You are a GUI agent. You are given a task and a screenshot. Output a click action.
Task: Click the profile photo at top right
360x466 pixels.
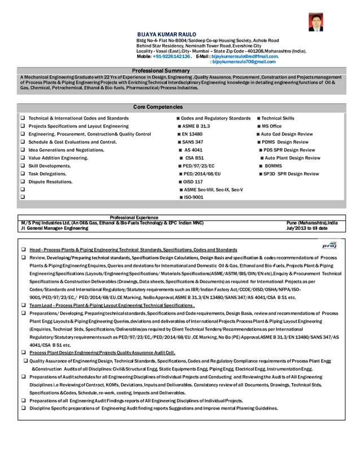coord(315,22)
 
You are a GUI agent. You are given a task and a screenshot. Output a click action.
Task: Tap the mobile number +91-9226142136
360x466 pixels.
coord(171,56)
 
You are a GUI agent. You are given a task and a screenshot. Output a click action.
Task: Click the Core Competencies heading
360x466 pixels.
coord(158,107)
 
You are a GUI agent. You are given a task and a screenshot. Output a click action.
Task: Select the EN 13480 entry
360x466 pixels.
coord(192,134)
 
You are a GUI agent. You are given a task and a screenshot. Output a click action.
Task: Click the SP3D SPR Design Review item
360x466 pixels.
coord(291,174)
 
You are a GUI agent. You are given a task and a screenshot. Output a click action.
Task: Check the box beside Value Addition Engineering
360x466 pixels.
coord(22,159)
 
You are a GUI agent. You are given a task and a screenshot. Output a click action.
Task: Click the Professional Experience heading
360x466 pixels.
coord(134,217)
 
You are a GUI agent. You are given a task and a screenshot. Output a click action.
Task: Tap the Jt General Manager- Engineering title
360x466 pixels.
coord(54,228)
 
